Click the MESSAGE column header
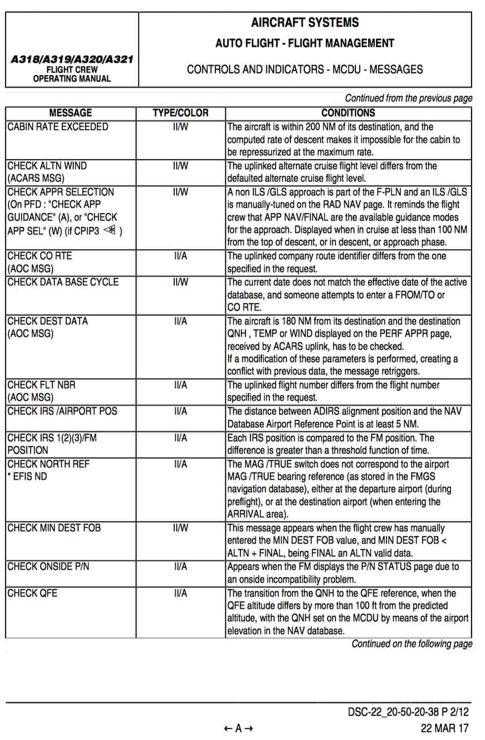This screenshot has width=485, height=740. point(70,113)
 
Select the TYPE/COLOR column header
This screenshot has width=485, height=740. point(181,113)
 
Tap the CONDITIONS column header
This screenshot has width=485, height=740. point(348,113)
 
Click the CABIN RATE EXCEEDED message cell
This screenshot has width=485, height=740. point(58,127)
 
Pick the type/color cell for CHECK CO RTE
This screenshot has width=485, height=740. point(181,256)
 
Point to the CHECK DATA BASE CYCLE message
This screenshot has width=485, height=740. point(63,282)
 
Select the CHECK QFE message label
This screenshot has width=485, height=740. point(32,593)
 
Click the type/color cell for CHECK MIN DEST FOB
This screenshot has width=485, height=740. point(181,528)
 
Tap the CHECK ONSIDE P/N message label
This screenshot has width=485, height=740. point(48,566)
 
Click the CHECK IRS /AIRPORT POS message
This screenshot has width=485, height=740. point(62,411)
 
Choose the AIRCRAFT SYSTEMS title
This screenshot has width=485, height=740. point(305,22)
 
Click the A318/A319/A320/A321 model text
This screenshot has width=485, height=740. point(72,59)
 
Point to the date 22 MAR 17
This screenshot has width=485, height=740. point(444,728)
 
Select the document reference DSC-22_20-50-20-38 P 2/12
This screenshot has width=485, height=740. point(408,712)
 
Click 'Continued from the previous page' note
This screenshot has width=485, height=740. point(408,98)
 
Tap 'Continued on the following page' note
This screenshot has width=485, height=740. point(412,644)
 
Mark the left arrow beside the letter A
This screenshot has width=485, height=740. point(228,728)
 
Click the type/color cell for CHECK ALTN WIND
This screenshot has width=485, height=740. point(181,166)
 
